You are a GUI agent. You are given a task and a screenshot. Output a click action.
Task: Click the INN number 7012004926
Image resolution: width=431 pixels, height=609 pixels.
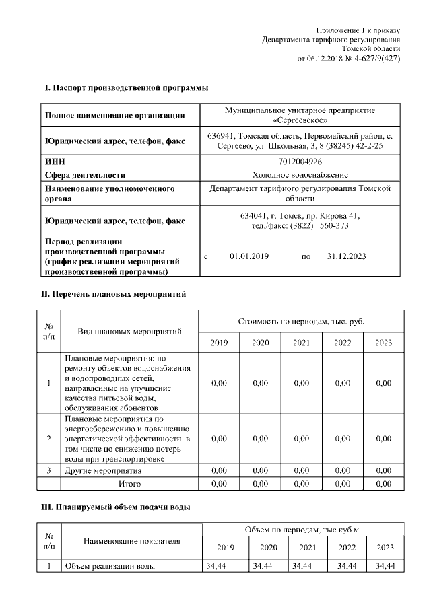click(x=300, y=162)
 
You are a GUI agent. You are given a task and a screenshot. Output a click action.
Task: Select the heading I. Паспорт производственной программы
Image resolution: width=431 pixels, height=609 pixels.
click(x=126, y=87)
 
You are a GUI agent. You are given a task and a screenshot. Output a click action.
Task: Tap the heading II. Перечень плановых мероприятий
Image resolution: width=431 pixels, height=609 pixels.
click(x=114, y=294)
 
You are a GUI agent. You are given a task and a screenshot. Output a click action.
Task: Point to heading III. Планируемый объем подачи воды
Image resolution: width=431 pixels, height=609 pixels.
click(x=118, y=507)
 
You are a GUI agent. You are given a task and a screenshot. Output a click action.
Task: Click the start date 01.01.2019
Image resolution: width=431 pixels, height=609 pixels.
click(x=249, y=257)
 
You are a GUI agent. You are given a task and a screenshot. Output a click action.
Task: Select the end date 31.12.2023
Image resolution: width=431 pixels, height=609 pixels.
click(x=346, y=257)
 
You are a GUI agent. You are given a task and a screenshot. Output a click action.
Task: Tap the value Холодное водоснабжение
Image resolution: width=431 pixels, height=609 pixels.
click(x=300, y=175)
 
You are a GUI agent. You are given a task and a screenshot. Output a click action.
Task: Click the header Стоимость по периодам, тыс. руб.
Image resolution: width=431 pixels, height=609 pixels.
click(x=301, y=322)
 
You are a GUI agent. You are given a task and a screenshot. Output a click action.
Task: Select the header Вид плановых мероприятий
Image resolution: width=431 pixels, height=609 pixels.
click(x=130, y=332)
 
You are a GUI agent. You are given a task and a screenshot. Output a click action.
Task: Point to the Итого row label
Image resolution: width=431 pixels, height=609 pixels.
click(x=130, y=483)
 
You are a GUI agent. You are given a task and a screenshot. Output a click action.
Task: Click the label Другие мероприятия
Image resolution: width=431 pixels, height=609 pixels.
click(x=103, y=471)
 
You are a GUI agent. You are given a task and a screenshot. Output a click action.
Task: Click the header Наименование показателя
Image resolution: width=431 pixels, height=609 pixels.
click(x=132, y=540)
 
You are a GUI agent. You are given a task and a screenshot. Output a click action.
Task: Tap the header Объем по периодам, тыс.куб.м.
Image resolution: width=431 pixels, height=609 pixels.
click(x=300, y=530)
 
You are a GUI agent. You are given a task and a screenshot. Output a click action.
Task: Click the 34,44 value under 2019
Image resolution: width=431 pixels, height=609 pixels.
click(x=215, y=566)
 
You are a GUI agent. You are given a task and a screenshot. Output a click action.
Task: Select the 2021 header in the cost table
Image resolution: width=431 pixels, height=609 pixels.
click(x=302, y=343)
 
